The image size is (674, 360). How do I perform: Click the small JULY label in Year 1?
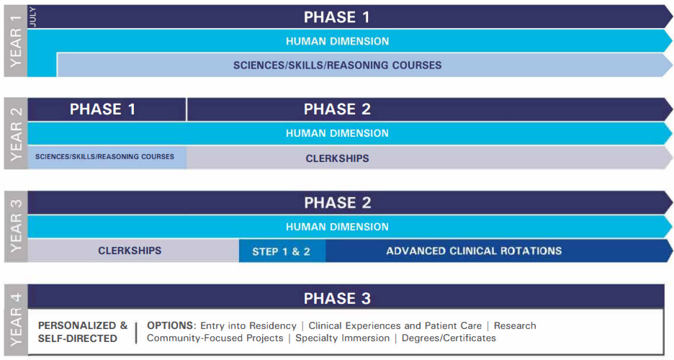pyautogui.click(x=32, y=17)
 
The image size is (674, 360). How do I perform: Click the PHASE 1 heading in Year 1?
pyautogui.click(x=337, y=17)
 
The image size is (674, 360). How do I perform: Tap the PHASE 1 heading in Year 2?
pyautogui.click(x=102, y=109)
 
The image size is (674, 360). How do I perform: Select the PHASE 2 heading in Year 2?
pyautogui.click(x=337, y=109)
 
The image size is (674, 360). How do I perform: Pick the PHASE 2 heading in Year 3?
pyautogui.click(x=337, y=202)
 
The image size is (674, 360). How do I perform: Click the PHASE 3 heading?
pyautogui.click(x=337, y=298)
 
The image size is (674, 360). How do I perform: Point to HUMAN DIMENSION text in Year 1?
pyautogui.click(x=337, y=41)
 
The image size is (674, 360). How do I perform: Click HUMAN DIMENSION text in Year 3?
pyautogui.click(x=337, y=227)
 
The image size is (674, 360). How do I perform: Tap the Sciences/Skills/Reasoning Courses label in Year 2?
pyautogui.click(x=104, y=157)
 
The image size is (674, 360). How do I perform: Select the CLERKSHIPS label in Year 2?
pyautogui.click(x=337, y=158)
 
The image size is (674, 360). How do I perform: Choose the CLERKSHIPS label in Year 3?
pyautogui.click(x=130, y=251)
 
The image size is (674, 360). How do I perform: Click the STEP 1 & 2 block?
pyautogui.click(x=281, y=251)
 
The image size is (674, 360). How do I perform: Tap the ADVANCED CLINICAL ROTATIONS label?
pyautogui.click(x=474, y=251)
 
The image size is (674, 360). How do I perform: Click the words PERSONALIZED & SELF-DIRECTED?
pyautogui.click(x=82, y=332)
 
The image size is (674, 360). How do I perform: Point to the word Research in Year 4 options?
pyautogui.click(x=514, y=325)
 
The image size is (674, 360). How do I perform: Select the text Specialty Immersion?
pyautogui.click(x=342, y=338)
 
